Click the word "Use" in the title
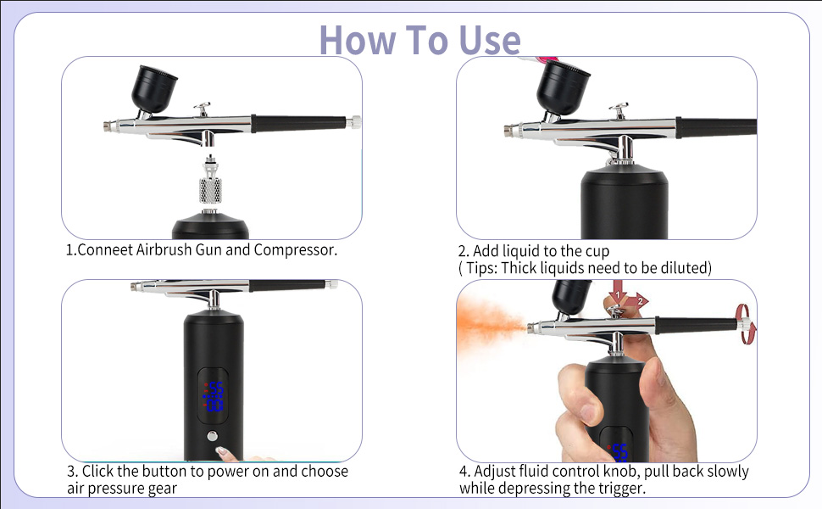click(490, 41)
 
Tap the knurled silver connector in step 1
click(210, 190)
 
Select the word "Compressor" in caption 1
click(295, 249)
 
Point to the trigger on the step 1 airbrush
click(203, 109)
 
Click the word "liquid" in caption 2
click(520, 251)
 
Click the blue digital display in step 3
click(214, 397)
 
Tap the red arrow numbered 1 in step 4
click(618, 294)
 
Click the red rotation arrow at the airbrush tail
click(745, 324)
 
